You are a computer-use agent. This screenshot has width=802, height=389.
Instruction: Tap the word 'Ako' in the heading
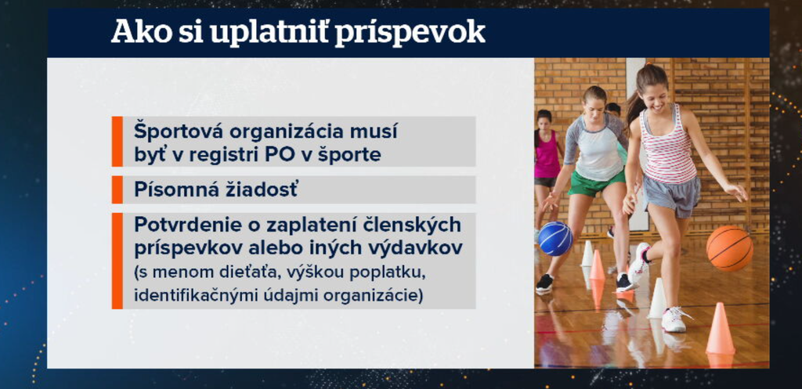135,31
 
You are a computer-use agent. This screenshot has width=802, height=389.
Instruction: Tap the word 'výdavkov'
424,247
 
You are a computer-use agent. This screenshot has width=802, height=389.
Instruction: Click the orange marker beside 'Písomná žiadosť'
117,189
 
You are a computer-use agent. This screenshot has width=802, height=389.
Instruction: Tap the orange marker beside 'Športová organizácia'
117,142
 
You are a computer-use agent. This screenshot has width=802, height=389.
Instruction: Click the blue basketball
555,239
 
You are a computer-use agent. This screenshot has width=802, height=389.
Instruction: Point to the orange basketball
729,248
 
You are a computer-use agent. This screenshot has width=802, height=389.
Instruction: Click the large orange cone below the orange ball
719,331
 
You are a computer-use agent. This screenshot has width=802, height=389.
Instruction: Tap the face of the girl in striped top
655,97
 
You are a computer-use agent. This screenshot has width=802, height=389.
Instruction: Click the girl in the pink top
546,152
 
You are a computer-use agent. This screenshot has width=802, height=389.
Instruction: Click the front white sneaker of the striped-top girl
674,319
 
